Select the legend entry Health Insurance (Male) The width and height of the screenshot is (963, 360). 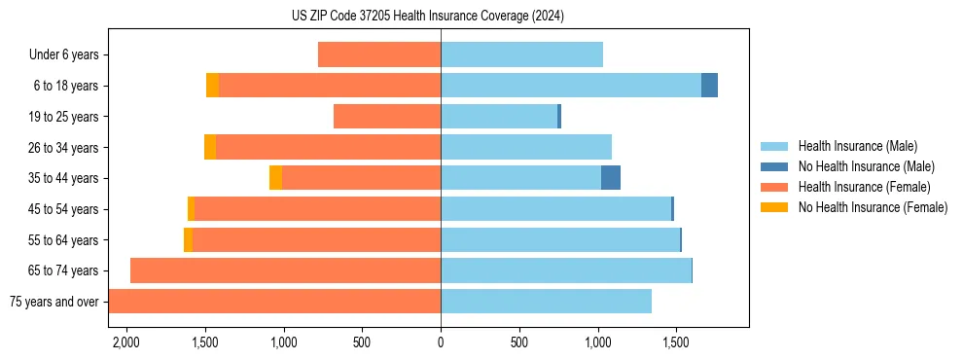857,146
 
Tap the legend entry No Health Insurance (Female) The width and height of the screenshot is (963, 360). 872,207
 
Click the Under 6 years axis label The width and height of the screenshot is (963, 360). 63,55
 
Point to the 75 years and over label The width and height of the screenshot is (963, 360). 53,302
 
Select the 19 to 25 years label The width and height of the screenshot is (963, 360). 63,117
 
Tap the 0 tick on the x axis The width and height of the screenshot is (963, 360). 441,343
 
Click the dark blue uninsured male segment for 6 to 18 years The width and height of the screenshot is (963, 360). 709,86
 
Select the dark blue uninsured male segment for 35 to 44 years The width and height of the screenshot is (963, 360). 611,178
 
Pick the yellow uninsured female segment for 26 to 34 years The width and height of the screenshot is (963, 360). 210,147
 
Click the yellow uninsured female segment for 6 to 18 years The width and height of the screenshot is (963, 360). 212,86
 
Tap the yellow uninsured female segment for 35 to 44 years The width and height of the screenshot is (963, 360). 275,178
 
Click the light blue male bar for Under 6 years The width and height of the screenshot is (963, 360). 521,55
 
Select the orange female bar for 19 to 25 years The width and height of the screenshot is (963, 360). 387,117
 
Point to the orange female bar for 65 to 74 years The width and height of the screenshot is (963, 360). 285,270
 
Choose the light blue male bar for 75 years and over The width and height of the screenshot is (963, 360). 546,302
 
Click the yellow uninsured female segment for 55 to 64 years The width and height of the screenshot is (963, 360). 188,240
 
